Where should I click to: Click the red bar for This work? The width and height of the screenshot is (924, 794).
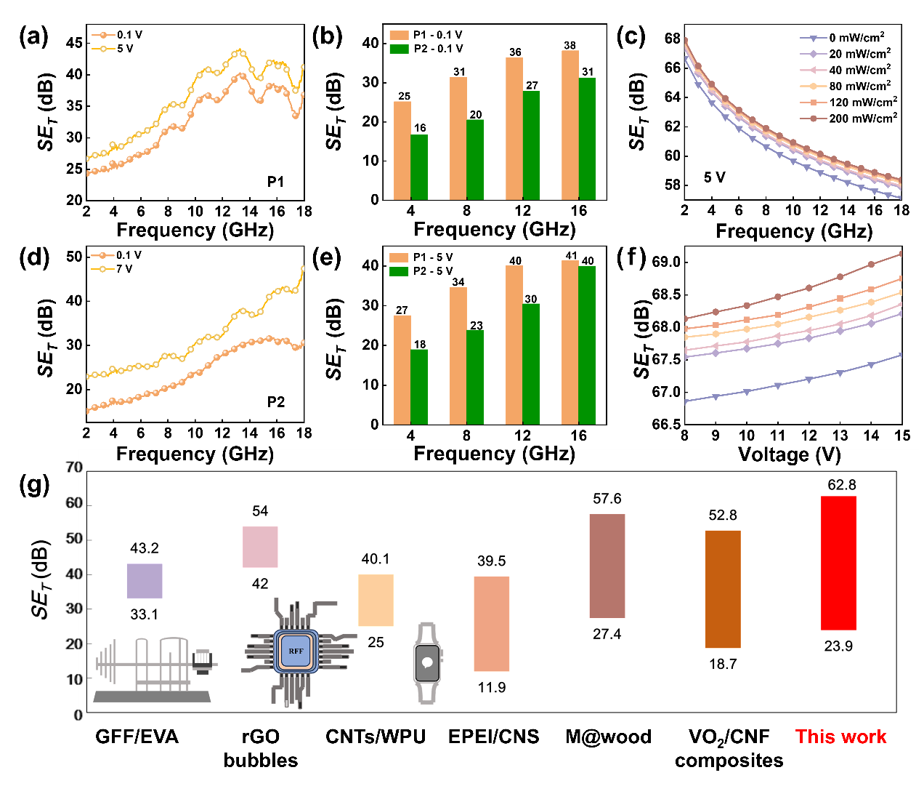point(838,563)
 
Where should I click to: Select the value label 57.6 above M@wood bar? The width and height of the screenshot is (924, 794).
point(607,499)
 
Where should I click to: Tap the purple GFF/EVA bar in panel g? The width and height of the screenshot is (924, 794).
point(145,581)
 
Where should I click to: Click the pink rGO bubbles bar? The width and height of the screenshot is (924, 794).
point(260,547)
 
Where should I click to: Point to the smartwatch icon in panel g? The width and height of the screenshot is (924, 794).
point(427,662)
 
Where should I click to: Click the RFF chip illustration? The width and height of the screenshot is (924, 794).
point(296,651)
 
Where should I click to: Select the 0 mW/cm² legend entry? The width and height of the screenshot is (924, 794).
point(850,38)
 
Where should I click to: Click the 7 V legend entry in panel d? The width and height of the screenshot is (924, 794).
point(117,269)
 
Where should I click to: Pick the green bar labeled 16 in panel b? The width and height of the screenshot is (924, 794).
point(420,167)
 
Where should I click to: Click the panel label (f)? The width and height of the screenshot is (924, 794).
point(631,258)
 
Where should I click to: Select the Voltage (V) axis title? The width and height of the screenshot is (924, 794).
point(789,454)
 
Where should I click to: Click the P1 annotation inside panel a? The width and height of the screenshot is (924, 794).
point(275,182)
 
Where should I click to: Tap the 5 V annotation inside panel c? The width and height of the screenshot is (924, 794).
point(714,177)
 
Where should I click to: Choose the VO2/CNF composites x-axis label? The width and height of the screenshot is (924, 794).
point(729,748)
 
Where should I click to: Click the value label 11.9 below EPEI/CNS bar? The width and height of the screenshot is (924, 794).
point(492,688)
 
